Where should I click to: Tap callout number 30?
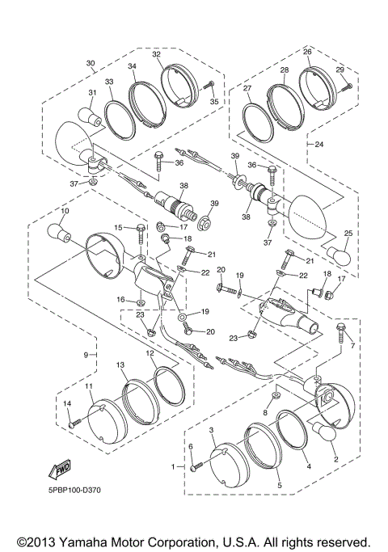[91, 63]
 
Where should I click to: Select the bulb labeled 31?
[90, 117]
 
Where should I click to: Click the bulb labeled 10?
[60, 233]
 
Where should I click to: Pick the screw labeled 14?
[75, 423]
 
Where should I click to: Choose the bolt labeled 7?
[341, 332]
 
